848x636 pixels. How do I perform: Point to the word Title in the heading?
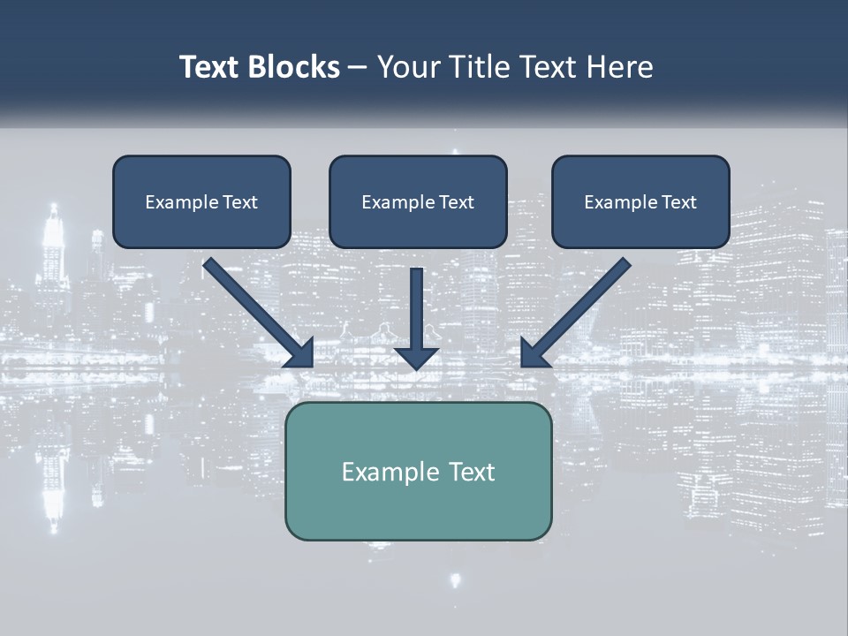[x=480, y=67]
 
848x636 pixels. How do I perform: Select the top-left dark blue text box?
[x=201, y=201]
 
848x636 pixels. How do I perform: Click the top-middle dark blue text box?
[x=418, y=201]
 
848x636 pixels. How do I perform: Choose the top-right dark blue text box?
[x=640, y=201]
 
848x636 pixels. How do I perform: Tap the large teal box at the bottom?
[x=418, y=471]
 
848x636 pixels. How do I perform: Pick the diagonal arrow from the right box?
[x=576, y=313]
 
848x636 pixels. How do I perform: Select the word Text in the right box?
[x=678, y=202]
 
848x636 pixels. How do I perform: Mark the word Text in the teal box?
[x=473, y=472]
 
